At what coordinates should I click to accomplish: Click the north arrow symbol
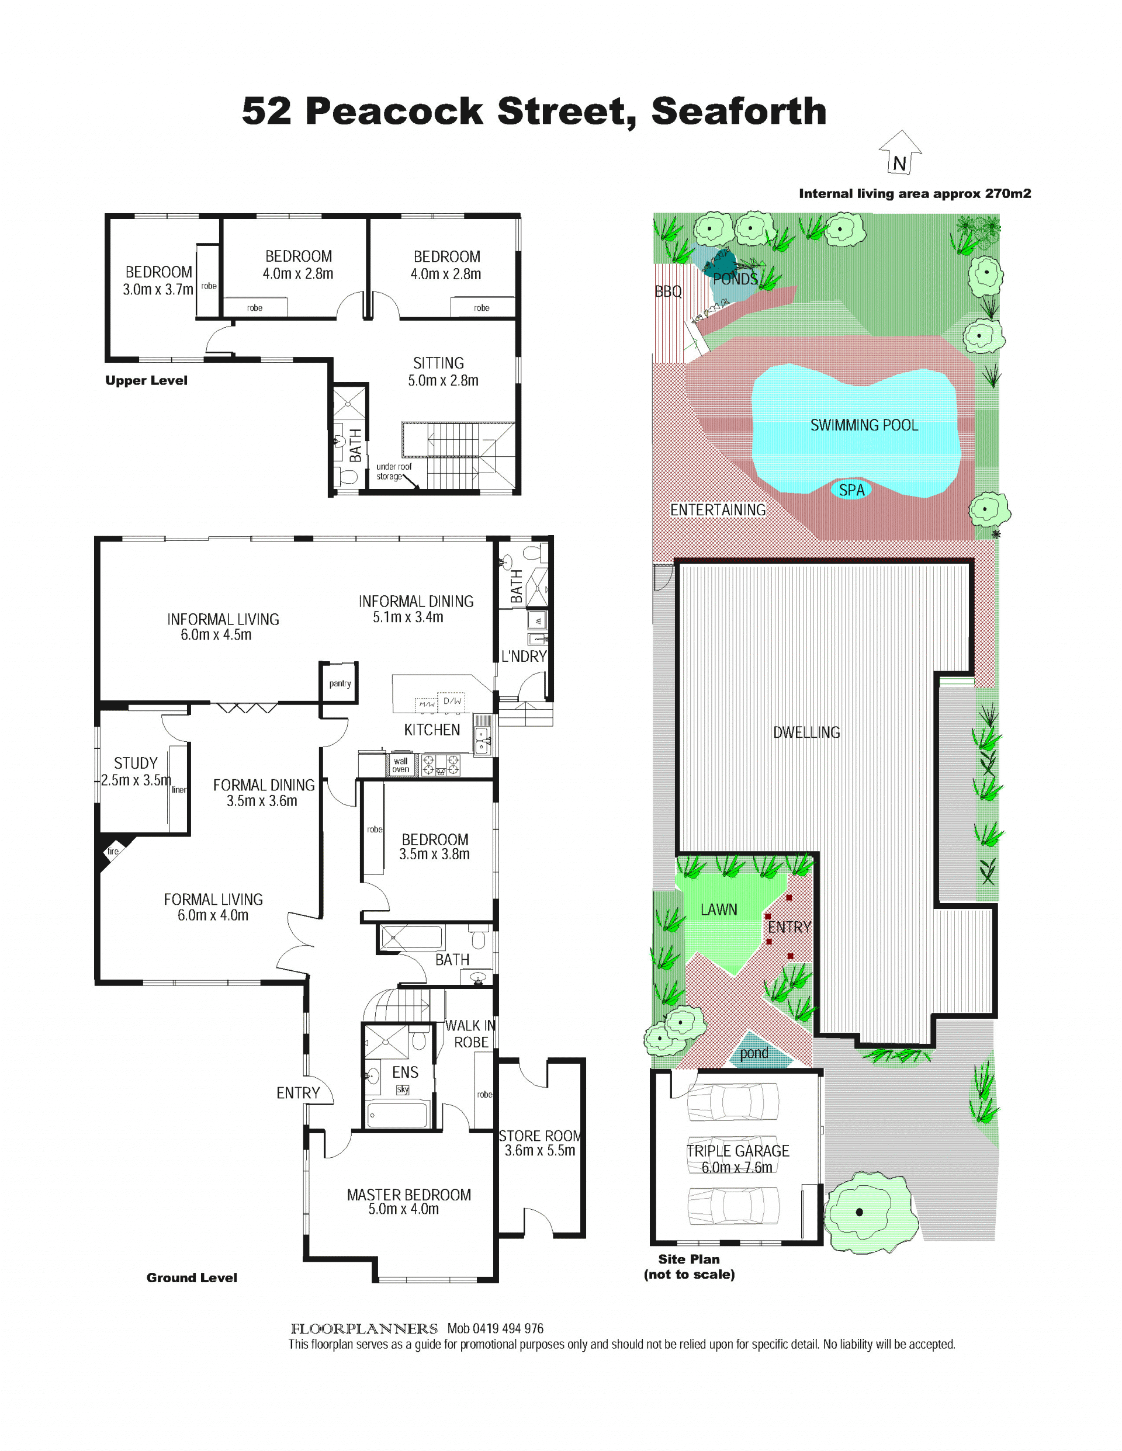(x=900, y=152)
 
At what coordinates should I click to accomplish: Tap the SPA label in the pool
(x=851, y=490)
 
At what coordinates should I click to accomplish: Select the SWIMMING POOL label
(x=864, y=425)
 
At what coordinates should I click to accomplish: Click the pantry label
(x=340, y=683)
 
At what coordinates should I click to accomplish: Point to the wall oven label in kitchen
(x=401, y=765)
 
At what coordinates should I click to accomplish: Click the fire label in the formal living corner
(x=113, y=851)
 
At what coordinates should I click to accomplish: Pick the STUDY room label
(x=136, y=763)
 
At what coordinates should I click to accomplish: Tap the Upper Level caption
(x=146, y=381)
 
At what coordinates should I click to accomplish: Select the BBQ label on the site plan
(x=668, y=291)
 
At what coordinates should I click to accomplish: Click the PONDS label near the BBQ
(x=735, y=279)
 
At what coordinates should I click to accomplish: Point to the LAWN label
(x=719, y=910)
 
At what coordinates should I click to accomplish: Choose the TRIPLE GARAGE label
(x=738, y=1151)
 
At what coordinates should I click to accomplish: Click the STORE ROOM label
(x=541, y=1136)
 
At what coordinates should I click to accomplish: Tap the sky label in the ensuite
(x=403, y=1089)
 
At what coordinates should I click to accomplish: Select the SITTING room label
(x=439, y=363)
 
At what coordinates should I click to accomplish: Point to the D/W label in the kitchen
(x=453, y=700)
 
